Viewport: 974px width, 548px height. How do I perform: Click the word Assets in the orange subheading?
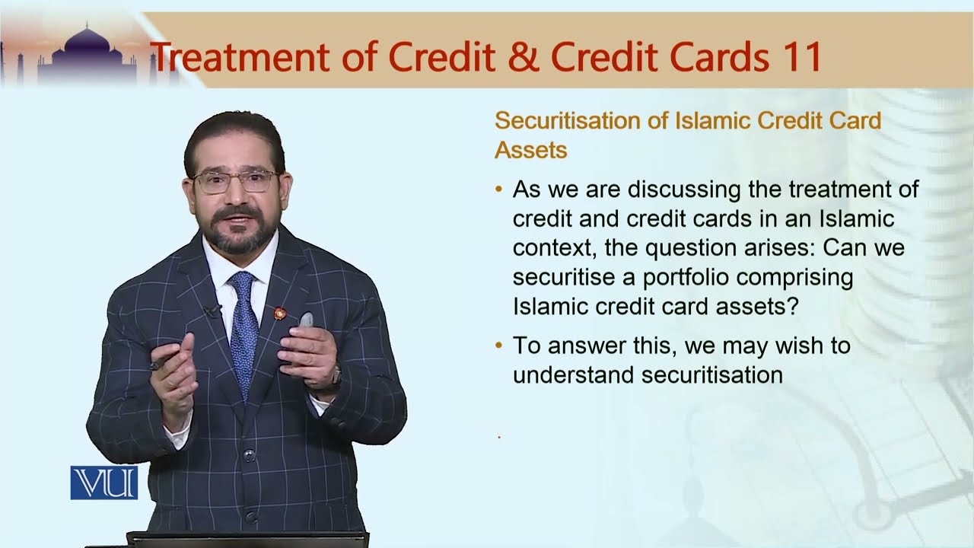(530, 150)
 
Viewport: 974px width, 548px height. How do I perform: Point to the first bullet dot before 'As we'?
(498, 189)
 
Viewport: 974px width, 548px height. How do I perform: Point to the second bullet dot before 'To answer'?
(498, 346)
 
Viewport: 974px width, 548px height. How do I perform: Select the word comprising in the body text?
(809, 277)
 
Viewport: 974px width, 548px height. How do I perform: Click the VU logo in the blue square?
(104, 483)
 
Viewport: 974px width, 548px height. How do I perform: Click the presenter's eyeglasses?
(235, 181)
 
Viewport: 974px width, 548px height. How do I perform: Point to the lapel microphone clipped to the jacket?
(212, 311)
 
